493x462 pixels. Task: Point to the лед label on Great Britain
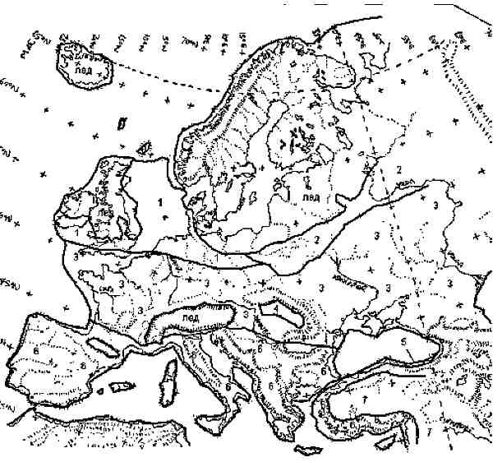tap(104, 210)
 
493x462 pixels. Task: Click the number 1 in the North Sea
tap(162, 200)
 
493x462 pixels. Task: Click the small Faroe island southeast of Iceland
tap(122, 123)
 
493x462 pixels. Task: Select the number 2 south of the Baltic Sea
tap(315, 239)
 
